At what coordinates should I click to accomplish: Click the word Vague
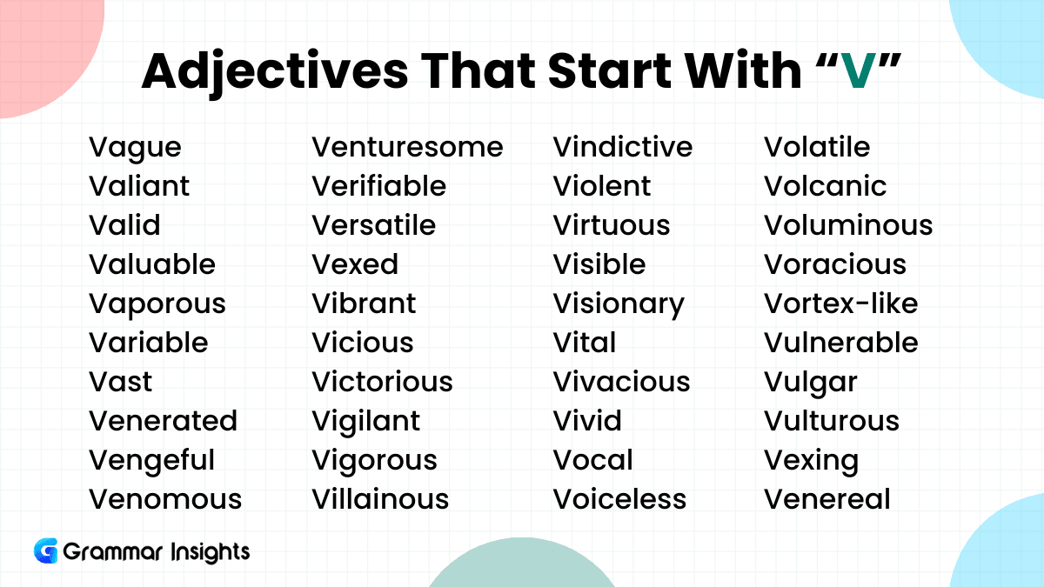pos(135,149)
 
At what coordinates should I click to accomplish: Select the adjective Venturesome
pos(407,147)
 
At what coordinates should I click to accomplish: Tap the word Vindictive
pos(623,147)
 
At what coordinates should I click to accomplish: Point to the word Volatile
pos(817,147)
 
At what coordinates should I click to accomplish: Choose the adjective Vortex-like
pos(840,304)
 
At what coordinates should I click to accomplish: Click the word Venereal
pos(826,499)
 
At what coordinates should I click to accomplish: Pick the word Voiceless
pos(619,499)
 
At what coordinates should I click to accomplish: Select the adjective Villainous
pos(380,499)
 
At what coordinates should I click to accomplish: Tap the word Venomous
pos(165,499)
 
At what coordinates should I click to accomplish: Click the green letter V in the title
pos(859,70)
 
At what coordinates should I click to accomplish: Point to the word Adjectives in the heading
pos(275,72)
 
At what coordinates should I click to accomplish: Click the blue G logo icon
pos(45,550)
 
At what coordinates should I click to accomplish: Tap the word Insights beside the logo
pos(210,552)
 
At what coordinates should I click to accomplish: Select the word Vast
pos(120,382)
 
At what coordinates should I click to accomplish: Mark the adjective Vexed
pos(355,264)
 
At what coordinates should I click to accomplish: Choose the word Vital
pos(585,343)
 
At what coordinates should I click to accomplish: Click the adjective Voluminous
pos(848,225)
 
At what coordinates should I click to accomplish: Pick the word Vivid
pos(587,421)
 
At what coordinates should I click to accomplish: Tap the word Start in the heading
pos(610,70)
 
